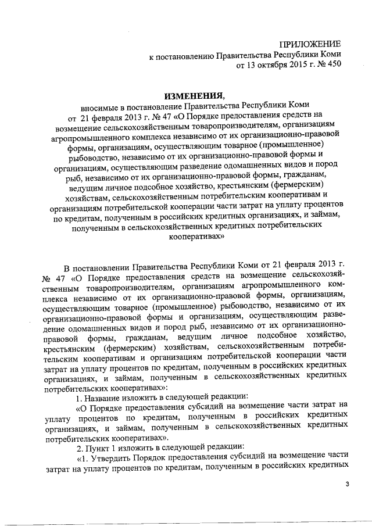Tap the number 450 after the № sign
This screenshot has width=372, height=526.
coord(333,66)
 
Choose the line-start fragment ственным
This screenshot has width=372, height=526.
coord(62,288)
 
